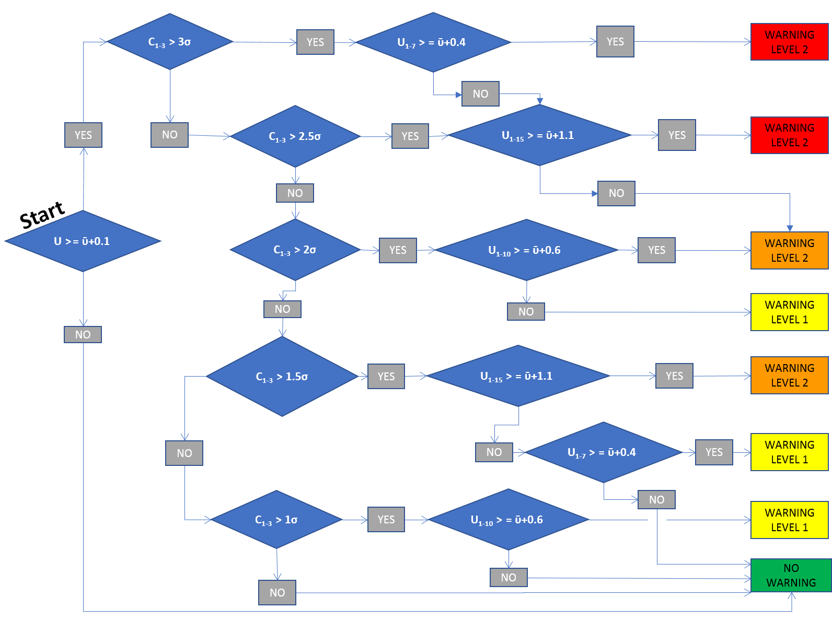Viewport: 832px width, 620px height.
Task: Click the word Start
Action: pyautogui.click(x=42, y=214)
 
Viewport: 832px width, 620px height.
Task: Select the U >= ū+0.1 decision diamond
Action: pyautogui.click(x=83, y=241)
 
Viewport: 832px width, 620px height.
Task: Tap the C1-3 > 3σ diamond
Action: pyautogui.click(x=170, y=42)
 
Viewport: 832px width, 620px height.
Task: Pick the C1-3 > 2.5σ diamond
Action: pyautogui.click(x=295, y=136)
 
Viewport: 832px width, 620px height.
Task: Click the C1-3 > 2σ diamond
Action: pyautogui.click(x=295, y=250)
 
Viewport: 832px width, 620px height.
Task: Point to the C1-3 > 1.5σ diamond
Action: pyautogui.click(x=282, y=376)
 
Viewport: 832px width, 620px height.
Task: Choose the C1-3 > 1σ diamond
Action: pyautogui.click(x=276, y=520)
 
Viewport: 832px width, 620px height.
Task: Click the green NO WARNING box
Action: pyautogui.click(x=791, y=575)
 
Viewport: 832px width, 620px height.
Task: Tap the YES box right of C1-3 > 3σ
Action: pyautogui.click(x=315, y=42)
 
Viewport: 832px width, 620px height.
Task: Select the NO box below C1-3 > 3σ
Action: pyautogui.click(x=169, y=135)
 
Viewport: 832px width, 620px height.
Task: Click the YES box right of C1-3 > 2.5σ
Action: pyautogui.click(x=410, y=136)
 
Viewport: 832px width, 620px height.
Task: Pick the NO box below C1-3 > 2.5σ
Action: pyautogui.click(x=295, y=193)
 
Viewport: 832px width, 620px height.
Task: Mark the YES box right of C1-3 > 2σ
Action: pyautogui.click(x=398, y=250)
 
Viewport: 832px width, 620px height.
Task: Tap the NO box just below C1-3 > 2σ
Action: pyautogui.click(x=282, y=309)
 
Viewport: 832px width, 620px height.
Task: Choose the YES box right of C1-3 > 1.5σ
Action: pyautogui.click(x=386, y=377)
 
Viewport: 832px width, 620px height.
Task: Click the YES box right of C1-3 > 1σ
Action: pyautogui.click(x=386, y=520)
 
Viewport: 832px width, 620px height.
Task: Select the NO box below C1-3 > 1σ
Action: pyautogui.click(x=277, y=593)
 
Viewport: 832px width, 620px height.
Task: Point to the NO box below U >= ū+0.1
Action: pyautogui.click(x=83, y=335)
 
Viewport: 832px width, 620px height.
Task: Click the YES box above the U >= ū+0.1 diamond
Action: pyautogui.click(x=83, y=135)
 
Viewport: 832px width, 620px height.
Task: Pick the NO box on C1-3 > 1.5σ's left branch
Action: pyautogui.click(x=184, y=453)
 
